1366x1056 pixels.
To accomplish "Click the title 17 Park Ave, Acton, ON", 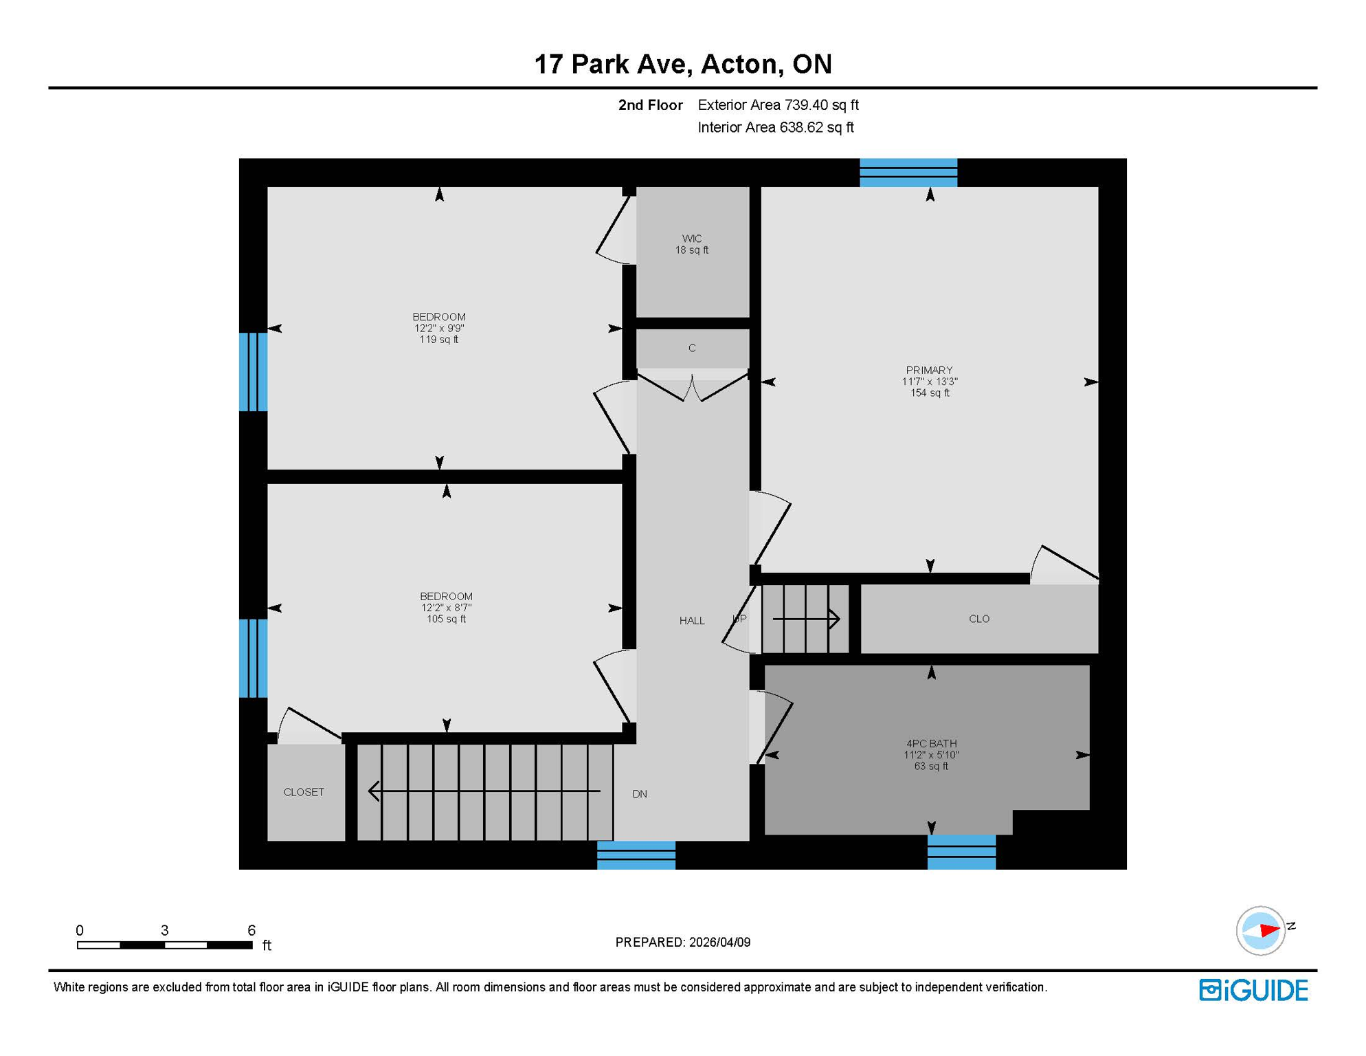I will (x=682, y=64).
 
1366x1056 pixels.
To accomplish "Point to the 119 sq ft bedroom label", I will (x=438, y=328).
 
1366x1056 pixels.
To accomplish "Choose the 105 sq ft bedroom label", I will (x=446, y=607).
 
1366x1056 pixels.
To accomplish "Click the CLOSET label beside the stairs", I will (x=304, y=792).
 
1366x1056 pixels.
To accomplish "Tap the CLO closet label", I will (x=978, y=619).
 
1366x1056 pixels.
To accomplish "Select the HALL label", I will (x=691, y=621).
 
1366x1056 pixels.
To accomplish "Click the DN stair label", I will (x=639, y=794).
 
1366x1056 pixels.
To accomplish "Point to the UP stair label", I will (x=739, y=619).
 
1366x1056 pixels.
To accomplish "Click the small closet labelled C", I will (x=691, y=349).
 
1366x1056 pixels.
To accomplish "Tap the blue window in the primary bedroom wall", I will (x=908, y=173).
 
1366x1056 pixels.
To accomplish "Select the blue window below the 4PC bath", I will (x=961, y=852).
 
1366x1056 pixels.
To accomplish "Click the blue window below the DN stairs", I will (x=636, y=855).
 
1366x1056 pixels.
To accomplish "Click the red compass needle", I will (x=1268, y=930).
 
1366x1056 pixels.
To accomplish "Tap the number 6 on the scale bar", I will (x=251, y=930).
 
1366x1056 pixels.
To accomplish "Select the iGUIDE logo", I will (x=1253, y=990).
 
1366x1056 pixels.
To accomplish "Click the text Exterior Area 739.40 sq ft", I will (x=778, y=105).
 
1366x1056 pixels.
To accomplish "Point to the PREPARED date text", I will (x=682, y=942).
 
